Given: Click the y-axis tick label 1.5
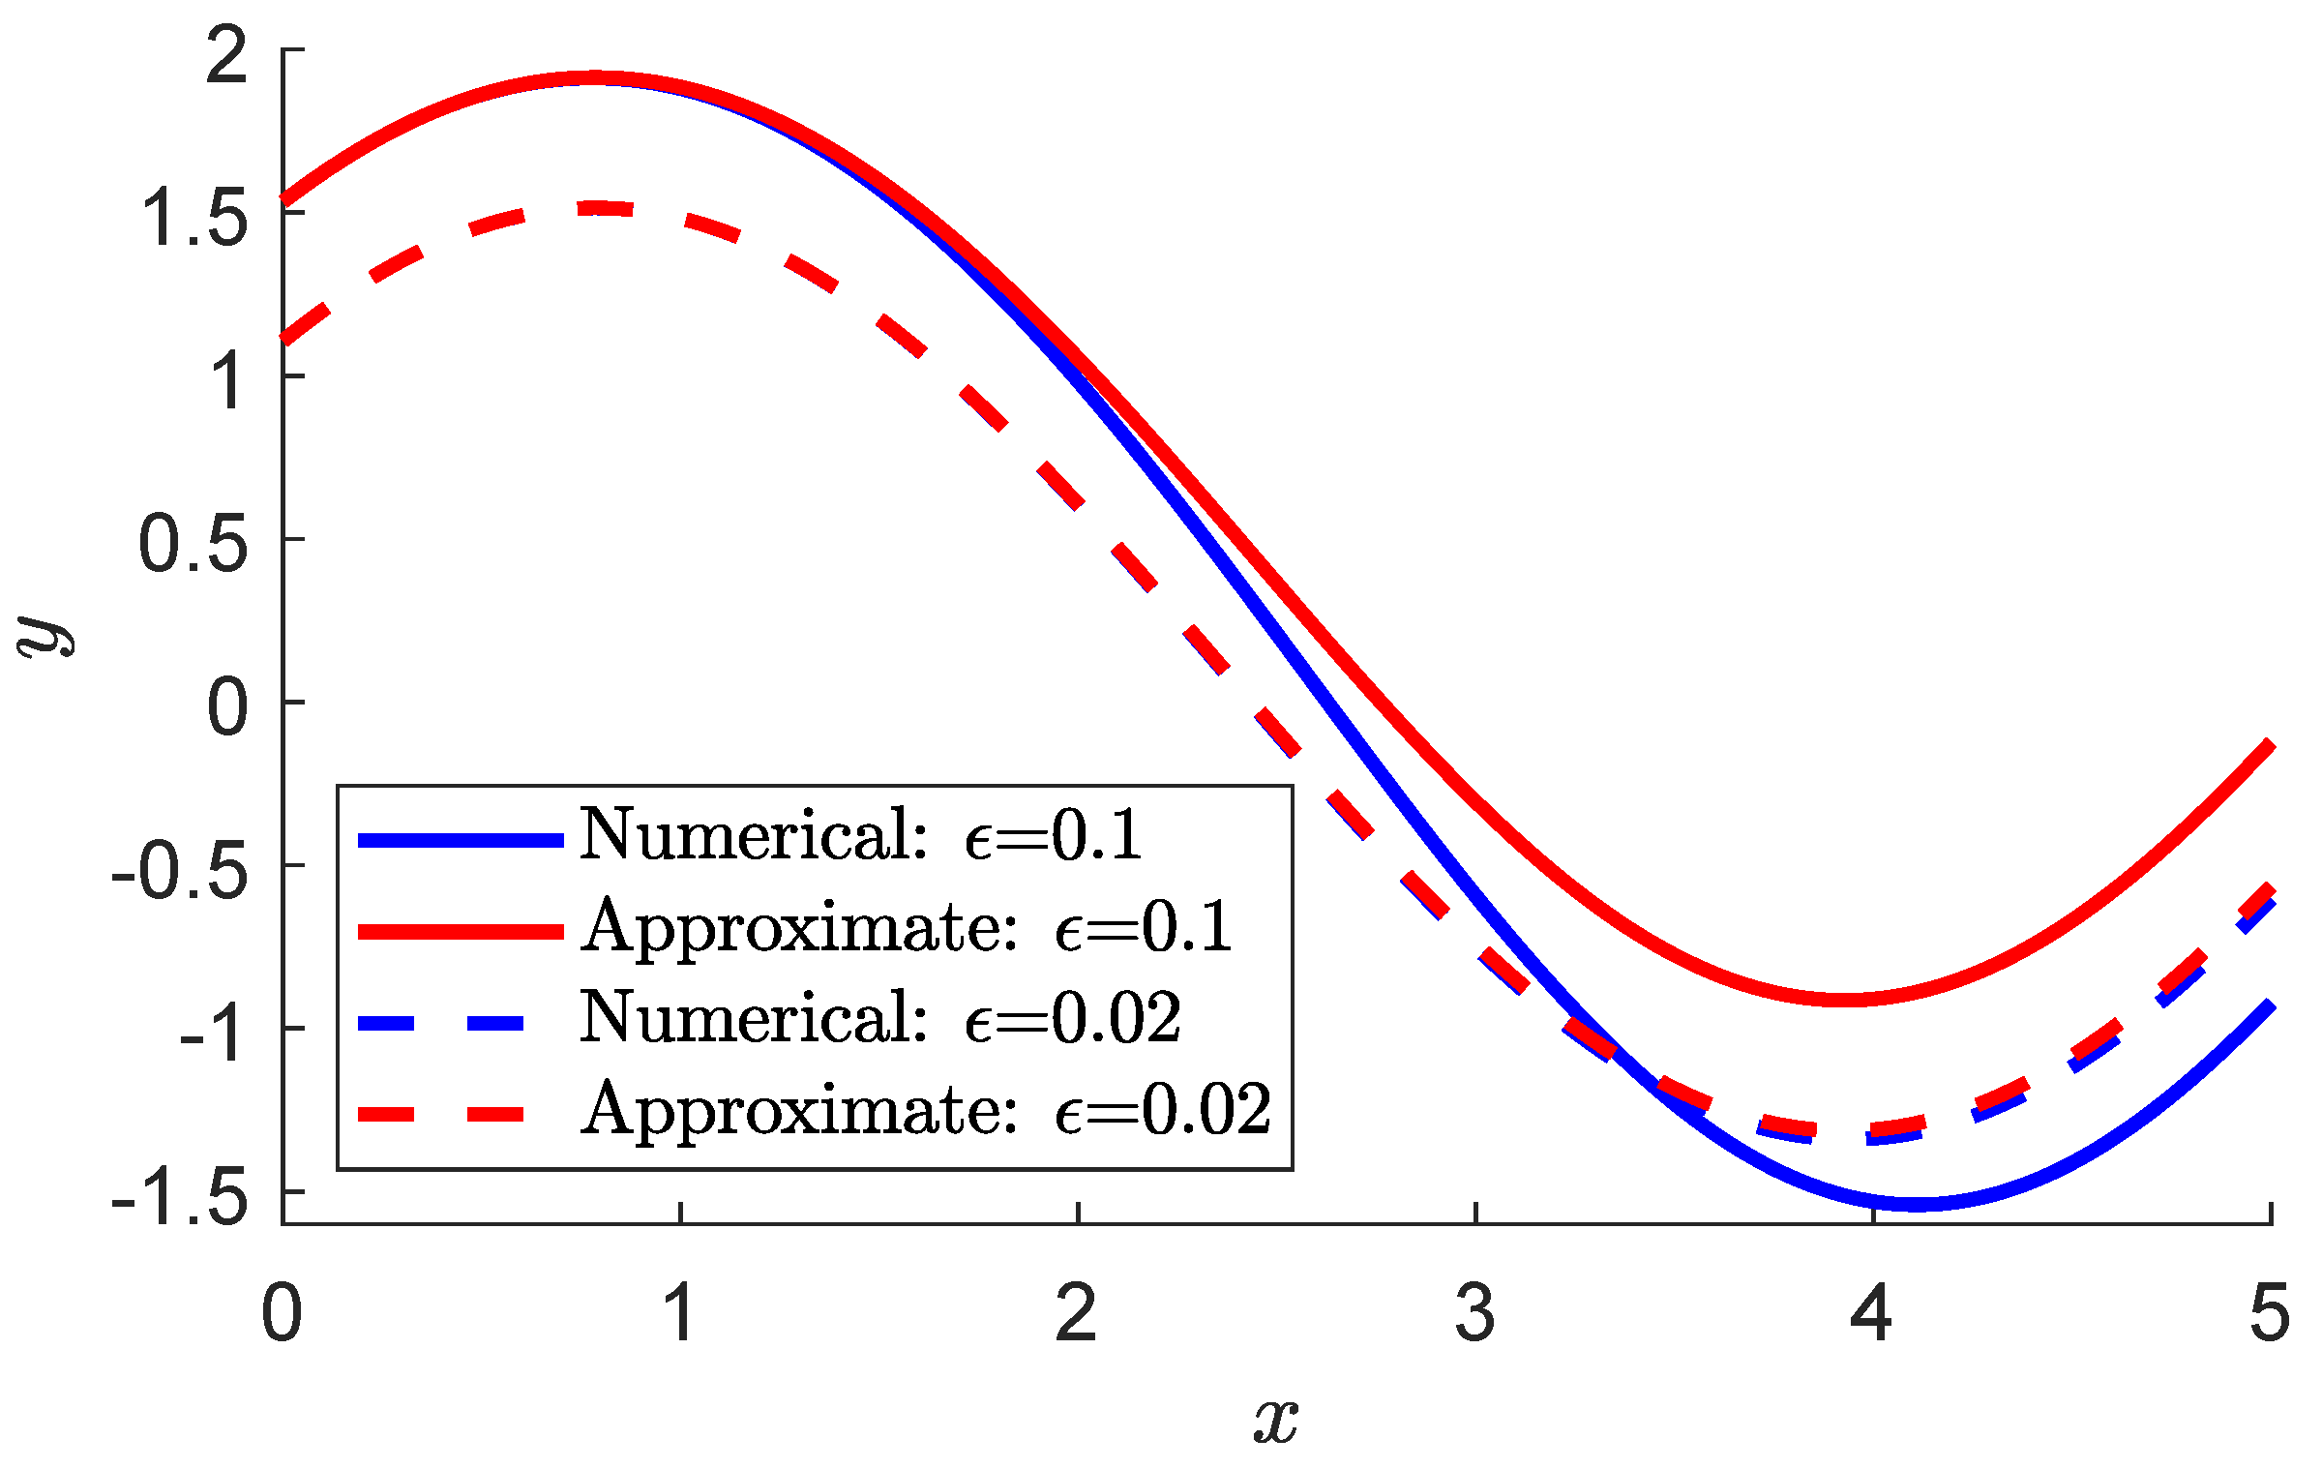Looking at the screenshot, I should tap(194, 219).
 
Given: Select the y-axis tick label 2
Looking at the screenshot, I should tap(227, 56).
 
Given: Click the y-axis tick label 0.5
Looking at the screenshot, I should tap(194, 545).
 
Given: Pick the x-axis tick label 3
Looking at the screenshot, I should tap(1474, 1313).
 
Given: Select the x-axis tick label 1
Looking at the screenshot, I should tap(680, 1313).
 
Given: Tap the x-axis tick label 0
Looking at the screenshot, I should tap(282, 1313).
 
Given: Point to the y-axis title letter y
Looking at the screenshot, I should tap(46, 637).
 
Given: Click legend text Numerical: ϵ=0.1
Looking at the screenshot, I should tap(860, 834).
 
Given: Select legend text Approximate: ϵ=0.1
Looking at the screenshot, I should tap(906, 927).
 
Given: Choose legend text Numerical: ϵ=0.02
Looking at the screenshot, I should tap(879, 1019).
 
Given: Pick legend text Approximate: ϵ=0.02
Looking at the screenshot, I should tap(925, 1111).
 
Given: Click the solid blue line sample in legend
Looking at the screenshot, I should tap(461, 840).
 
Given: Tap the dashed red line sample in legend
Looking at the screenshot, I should tap(441, 1115).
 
